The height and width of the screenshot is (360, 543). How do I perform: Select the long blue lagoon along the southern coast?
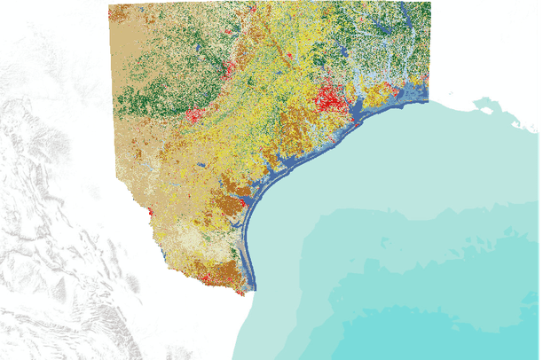pos(249,248)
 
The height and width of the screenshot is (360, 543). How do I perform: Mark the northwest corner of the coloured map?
pos(110,5)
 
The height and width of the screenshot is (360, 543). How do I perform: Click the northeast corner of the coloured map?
pos(429,4)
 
